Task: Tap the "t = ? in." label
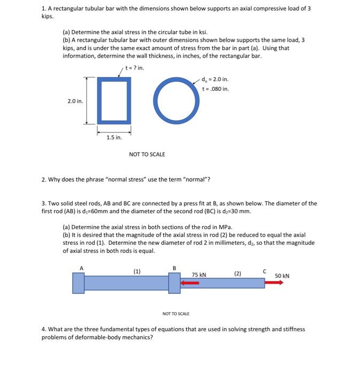point(134,68)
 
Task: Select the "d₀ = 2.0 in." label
point(215,80)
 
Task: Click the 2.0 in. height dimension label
point(75,100)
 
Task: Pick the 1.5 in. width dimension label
point(114,137)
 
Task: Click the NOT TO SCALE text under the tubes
point(147,154)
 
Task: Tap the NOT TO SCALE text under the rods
point(176,314)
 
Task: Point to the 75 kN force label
point(200,275)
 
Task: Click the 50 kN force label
point(282,276)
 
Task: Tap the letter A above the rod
point(82,269)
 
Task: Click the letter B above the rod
point(174,269)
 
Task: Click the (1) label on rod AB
point(137,271)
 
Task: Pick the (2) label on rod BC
point(237,274)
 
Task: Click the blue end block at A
point(79,283)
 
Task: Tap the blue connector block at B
point(174,283)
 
